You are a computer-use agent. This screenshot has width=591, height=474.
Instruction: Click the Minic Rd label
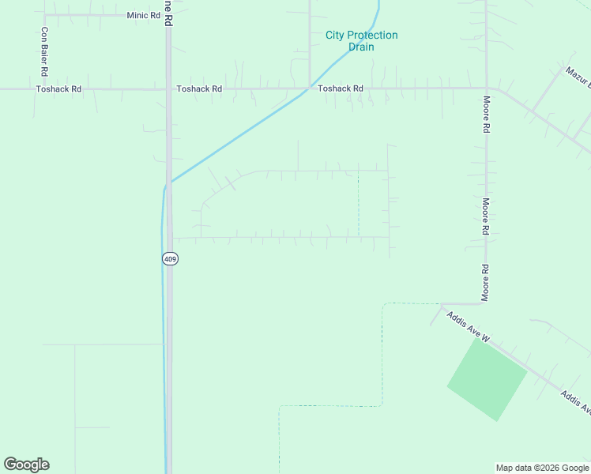(143, 16)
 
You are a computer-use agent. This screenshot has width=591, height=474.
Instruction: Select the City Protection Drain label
(361, 41)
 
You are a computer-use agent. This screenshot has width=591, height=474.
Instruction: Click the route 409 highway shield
(171, 258)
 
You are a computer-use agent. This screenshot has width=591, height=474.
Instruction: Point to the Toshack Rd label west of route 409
(58, 89)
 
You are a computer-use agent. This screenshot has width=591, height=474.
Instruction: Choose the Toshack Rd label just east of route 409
(199, 89)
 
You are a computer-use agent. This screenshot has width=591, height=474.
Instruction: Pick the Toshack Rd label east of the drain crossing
(341, 89)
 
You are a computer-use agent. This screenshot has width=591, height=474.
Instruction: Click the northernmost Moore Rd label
(487, 115)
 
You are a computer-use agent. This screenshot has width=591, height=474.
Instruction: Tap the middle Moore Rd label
(487, 216)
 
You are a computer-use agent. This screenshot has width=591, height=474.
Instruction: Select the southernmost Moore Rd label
(487, 283)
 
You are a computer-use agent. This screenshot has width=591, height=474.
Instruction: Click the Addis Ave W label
(468, 327)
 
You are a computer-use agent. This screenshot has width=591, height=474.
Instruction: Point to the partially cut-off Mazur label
(578, 76)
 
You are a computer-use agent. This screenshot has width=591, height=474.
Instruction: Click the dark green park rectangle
(487, 379)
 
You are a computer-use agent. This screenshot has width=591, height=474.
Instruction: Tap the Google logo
(26, 465)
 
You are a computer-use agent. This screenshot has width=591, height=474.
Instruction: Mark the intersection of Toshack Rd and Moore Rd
(487, 88)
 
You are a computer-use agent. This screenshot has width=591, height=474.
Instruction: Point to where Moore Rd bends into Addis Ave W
(442, 304)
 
